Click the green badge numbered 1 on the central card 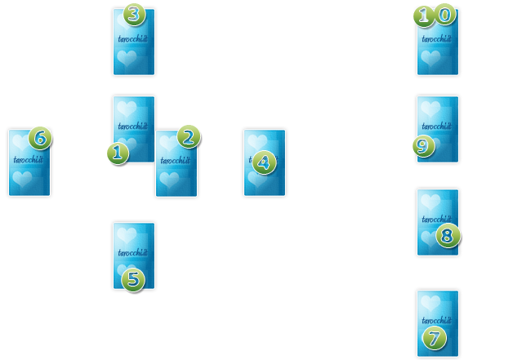click(118, 153)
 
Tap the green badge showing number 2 click(189, 137)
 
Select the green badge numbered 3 click(135, 14)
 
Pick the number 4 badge click(263, 162)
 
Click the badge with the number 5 click(133, 279)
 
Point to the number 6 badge click(40, 138)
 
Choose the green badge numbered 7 click(435, 337)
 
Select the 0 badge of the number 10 click(444, 15)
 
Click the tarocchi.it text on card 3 click(133, 38)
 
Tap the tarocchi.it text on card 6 click(29, 160)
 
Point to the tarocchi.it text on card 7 click(437, 319)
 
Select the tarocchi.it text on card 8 click(437, 220)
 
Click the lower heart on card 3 click(126, 58)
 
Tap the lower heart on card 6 click(22, 179)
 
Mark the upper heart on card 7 click(430, 302)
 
